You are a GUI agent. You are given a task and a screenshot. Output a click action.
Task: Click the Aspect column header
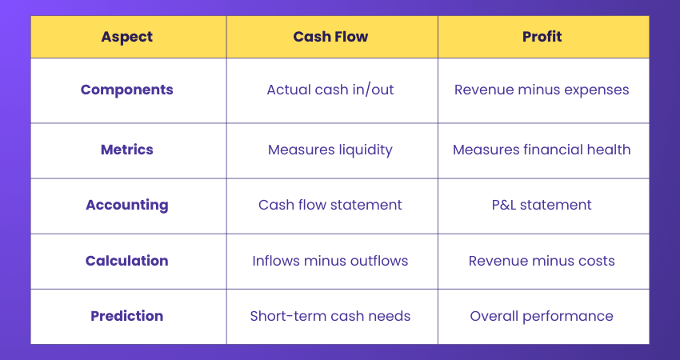[x=127, y=37]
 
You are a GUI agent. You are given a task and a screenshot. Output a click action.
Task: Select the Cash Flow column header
[x=330, y=37]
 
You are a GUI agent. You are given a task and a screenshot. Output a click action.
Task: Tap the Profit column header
[x=542, y=37]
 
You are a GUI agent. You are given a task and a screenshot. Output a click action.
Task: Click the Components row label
[x=127, y=90]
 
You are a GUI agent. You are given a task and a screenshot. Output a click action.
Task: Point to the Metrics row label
[x=127, y=150]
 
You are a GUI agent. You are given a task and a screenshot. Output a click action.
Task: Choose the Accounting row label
[x=127, y=205]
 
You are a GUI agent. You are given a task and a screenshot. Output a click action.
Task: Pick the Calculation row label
[x=127, y=261]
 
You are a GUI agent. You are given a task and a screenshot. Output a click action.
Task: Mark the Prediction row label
[x=127, y=316]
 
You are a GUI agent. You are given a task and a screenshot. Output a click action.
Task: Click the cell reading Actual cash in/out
[x=330, y=90]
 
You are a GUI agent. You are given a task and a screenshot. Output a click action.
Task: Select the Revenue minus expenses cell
[x=542, y=90]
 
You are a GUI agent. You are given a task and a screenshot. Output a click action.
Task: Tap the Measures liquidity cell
[x=330, y=150]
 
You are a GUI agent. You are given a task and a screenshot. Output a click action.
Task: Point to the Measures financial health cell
[x=542, y=150]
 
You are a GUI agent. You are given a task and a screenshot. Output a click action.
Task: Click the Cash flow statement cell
[x=330, y=205]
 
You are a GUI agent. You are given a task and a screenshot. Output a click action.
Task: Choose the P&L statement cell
[x=542, y=205]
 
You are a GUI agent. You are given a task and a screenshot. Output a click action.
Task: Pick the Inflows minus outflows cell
[x=330, y=261]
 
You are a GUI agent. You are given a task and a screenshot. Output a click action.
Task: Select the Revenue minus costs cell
[x=542, y=261]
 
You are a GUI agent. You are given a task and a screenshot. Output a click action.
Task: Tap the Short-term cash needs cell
[x=330, y=316]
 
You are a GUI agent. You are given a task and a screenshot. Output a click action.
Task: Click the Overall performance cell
[x=542, y=316]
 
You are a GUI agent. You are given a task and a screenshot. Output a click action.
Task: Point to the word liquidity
[x=364, y=150]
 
